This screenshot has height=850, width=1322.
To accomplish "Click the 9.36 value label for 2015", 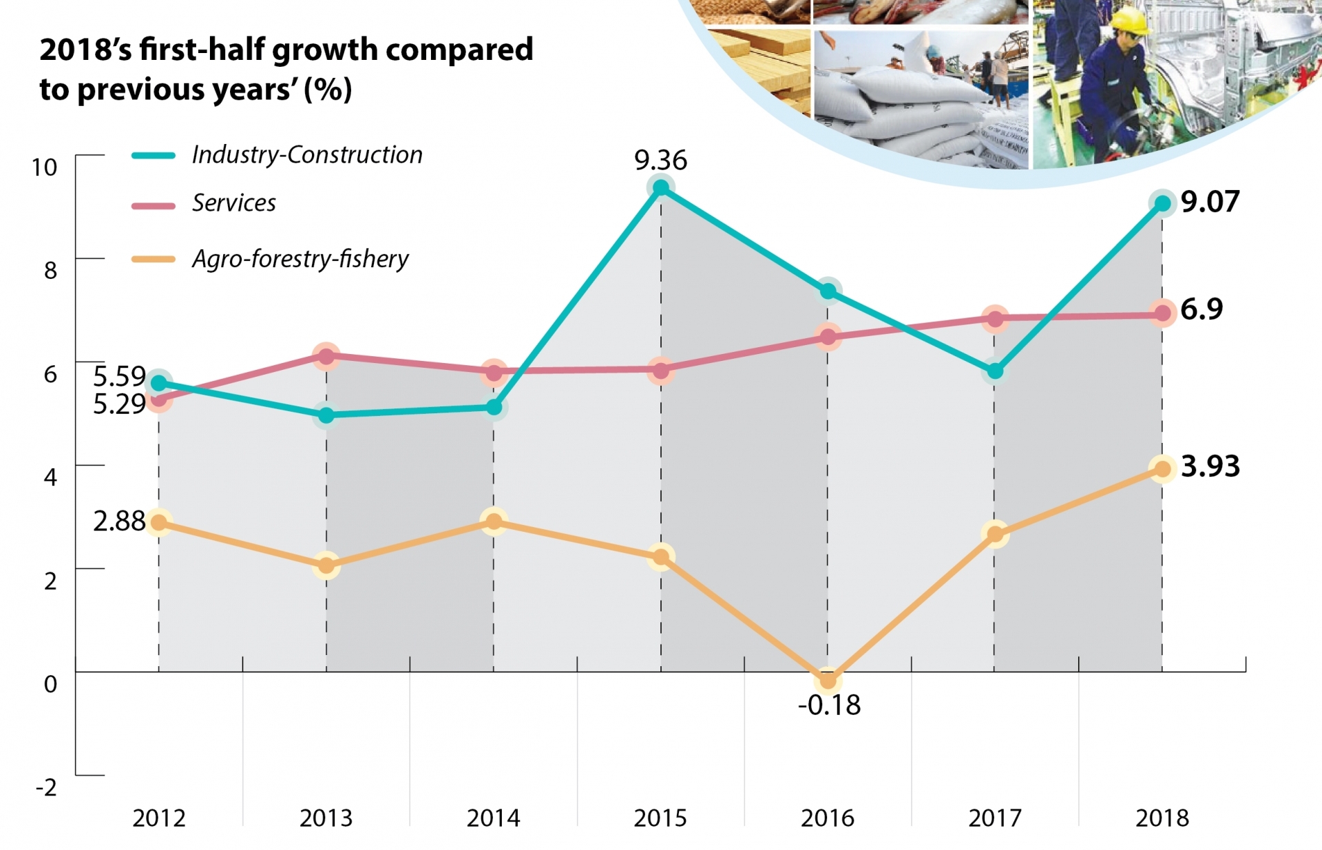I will click(x=660, y=160).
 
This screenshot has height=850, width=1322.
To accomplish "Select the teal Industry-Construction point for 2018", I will click(x=1162, y=203).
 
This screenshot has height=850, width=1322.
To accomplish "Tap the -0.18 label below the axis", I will click(x=829, y=705).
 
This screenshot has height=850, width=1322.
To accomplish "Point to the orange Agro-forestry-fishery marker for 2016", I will click(x=828, y=681).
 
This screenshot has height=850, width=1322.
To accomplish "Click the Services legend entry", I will click(x=233, y=203).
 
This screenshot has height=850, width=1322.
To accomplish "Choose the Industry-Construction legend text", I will click(x=307, y=155).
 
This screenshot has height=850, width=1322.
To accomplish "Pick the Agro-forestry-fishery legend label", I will click(x=300, y=259).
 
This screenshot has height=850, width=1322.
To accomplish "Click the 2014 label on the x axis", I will click(x=493, y=818).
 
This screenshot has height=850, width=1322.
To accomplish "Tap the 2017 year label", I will click(x=994, y=818).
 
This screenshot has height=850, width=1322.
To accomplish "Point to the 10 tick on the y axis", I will click(x=45, y=167).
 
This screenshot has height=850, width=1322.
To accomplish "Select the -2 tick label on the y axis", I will click(x=46, y=787).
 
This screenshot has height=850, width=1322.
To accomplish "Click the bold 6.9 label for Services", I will click(x=1202, y=309).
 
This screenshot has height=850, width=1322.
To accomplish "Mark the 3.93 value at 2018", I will click(x=1210, y=466).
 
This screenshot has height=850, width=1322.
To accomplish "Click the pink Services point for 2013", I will click(x=326, y=355).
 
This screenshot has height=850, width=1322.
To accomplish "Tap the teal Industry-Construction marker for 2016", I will click(x=828, y=291).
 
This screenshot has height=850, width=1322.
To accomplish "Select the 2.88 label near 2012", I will click(x=119, y=521).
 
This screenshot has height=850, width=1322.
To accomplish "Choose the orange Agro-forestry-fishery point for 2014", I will click(x=494, y=521).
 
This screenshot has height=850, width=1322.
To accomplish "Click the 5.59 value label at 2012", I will click(x=119, y=377).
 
